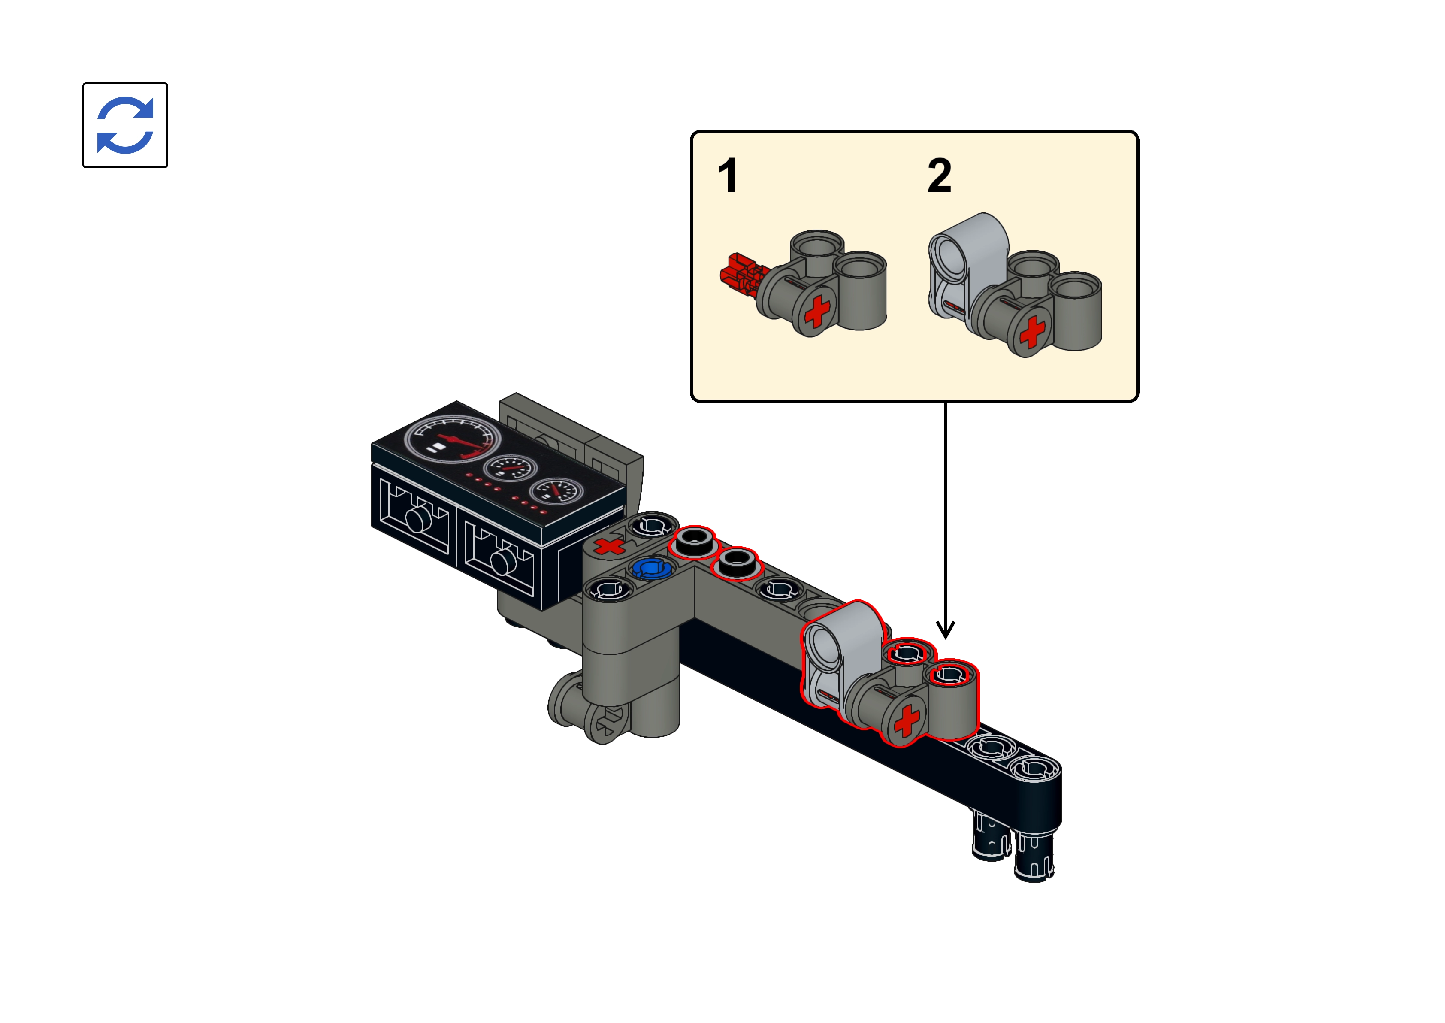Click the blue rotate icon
tap(125, 125)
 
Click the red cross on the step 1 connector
tap(817, 311)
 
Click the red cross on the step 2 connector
tap(1032, 331)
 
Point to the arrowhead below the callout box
tap(945, 629)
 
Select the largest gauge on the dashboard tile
tap(452, 439)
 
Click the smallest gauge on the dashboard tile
tap(556, 491)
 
